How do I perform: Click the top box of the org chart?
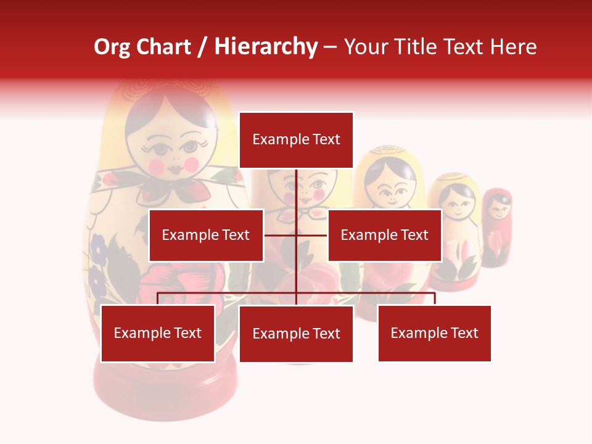pyautogui.click(x=296, y=140)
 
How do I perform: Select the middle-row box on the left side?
pyautogui.click(x=206, y=235)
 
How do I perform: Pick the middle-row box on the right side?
pyautogui.click(x=384, y=235)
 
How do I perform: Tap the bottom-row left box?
pyautogui.click(x=158, y=333)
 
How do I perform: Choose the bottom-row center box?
pyautogui.click(x=296, y=334)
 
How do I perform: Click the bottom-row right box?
pyautogui.click(x=434, y=333)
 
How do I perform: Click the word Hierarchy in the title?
pyautogui.click(x=266, y=47)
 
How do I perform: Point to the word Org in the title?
pyautogui.click(x=112, y=47)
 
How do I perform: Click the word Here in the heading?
pyautogui.click(x=514, y=47)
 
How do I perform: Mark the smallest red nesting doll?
pyautogui.click(x=496, y=228)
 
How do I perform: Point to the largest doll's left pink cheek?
pyautogui.click(x=157, y=165)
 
